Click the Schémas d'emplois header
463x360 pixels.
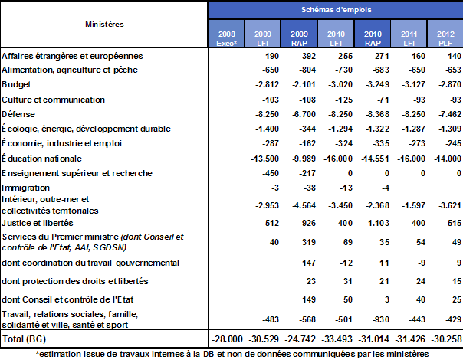(334, 8)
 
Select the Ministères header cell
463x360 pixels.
(105, 24)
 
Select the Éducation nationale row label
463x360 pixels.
(42, 158)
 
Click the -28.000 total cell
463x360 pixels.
(228, 339)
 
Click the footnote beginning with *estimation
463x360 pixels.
(231, 353)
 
